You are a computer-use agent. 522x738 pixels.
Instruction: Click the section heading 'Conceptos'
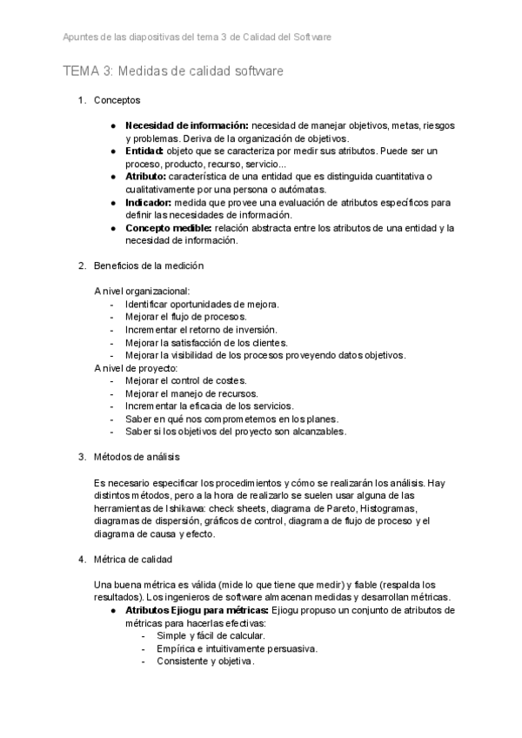point(117,101)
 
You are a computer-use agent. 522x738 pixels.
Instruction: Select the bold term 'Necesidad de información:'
point(187,125)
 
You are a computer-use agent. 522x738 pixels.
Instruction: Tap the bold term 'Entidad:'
point(145,151)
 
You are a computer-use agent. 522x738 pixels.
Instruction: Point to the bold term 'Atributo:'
point(148,177)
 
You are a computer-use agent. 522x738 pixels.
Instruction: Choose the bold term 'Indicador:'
point(151,202)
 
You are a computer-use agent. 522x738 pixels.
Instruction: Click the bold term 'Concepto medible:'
point(168,228)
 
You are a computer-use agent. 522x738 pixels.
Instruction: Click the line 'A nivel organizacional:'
point(142,292)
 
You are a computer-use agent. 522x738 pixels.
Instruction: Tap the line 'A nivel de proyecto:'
point(135,367)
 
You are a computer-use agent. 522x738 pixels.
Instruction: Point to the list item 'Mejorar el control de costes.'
point(185,380)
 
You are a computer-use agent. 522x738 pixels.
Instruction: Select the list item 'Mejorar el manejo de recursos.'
point(188,393)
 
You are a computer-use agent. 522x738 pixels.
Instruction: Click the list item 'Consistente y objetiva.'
point(205,661)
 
